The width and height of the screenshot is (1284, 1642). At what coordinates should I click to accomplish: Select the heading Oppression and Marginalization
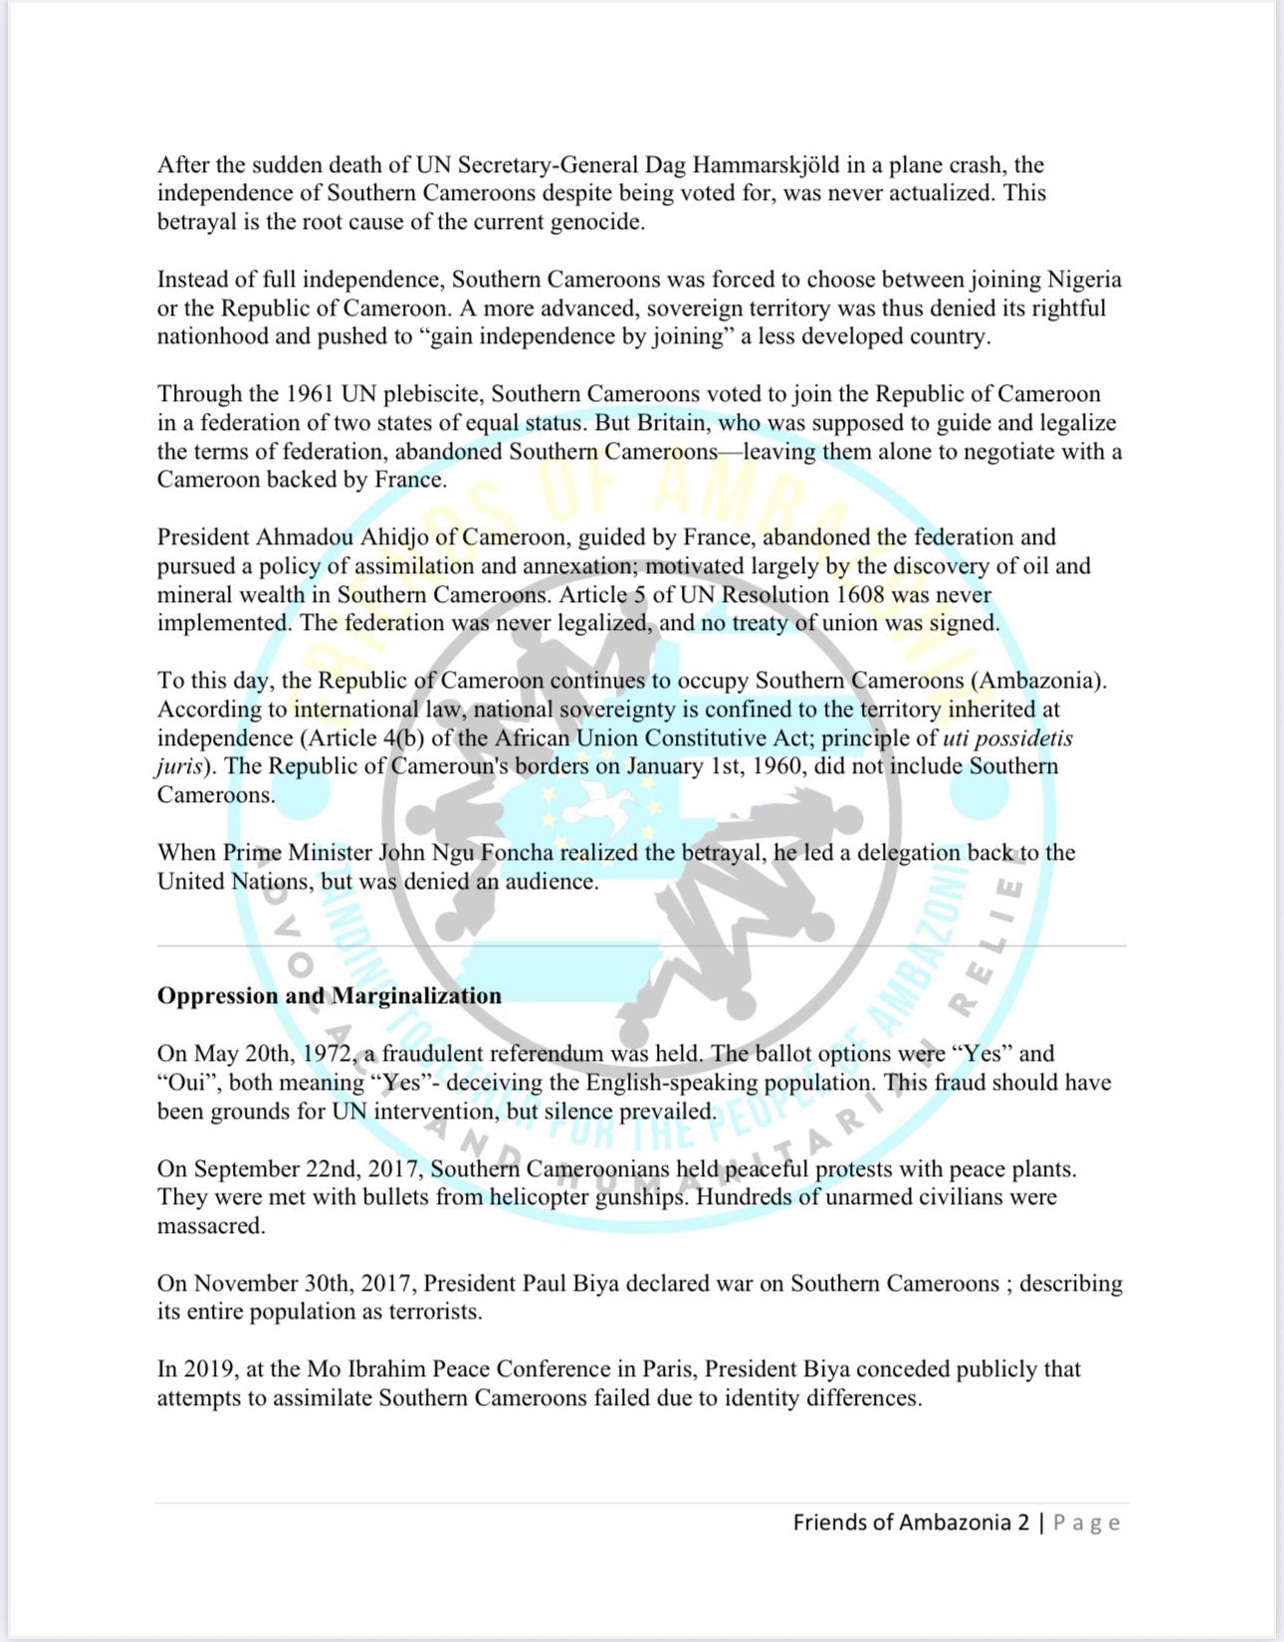pos(328,996)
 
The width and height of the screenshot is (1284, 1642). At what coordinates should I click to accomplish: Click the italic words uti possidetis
pos(1007,738)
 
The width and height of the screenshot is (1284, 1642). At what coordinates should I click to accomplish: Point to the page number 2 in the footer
pos(1023,1523)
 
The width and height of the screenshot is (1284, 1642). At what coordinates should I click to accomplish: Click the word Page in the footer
pos(1087,1523)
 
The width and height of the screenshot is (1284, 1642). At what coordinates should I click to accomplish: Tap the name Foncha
pos(516,853)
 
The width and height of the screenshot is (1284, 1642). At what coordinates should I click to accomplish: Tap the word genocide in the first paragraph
pos(597,222)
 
